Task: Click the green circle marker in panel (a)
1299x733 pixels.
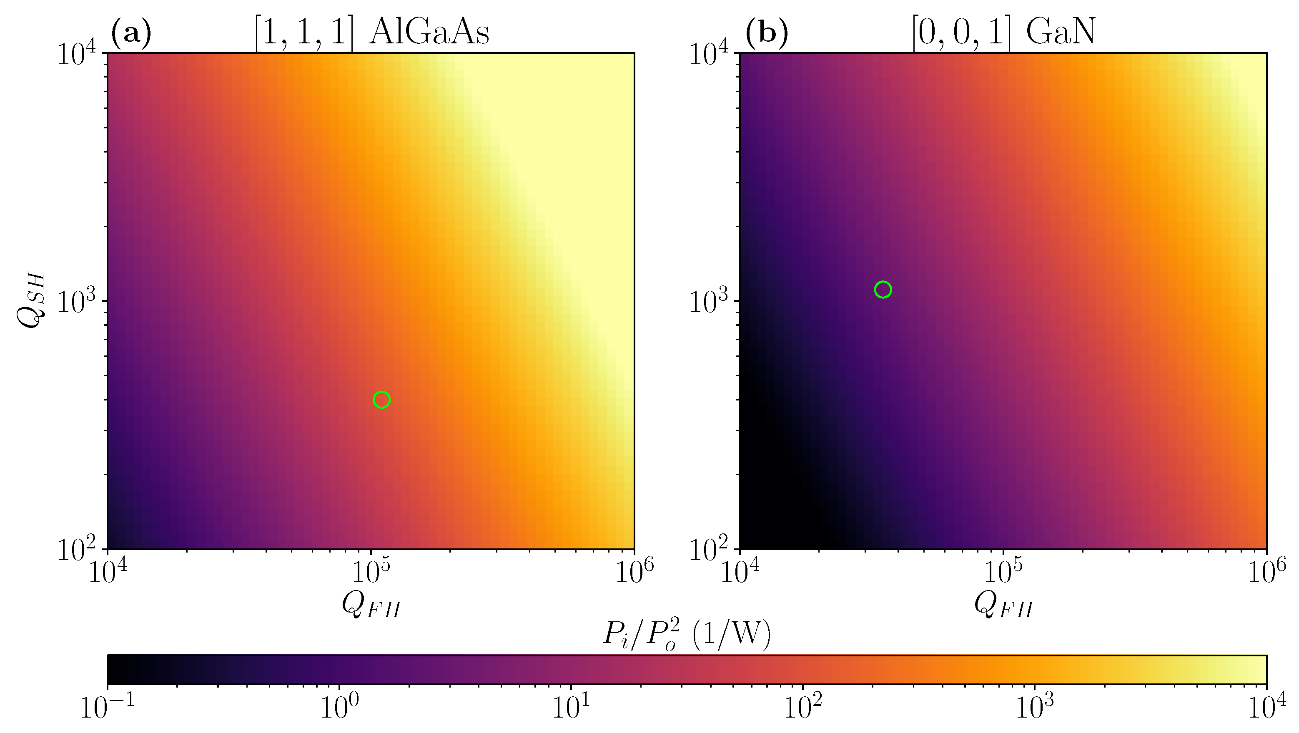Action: click(382, 400)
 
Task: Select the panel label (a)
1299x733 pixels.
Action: click(130, 34)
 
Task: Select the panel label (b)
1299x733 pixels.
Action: click(767, 34)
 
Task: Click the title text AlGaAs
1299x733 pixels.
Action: click(429, 34)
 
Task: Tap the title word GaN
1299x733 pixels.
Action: click(1061, 34)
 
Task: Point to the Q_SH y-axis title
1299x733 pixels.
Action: click(32, 301)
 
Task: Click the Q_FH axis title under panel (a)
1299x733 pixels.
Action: click(371, 605)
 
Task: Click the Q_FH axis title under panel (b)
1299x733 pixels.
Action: click(1003, 605)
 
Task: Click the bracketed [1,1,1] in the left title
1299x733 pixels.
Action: click(303, 34)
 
